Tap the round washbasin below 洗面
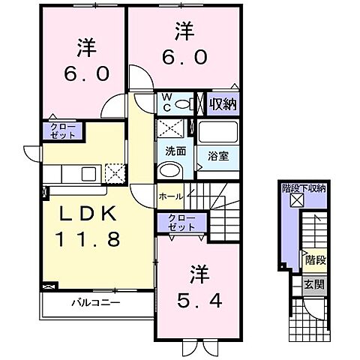(169, 171)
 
